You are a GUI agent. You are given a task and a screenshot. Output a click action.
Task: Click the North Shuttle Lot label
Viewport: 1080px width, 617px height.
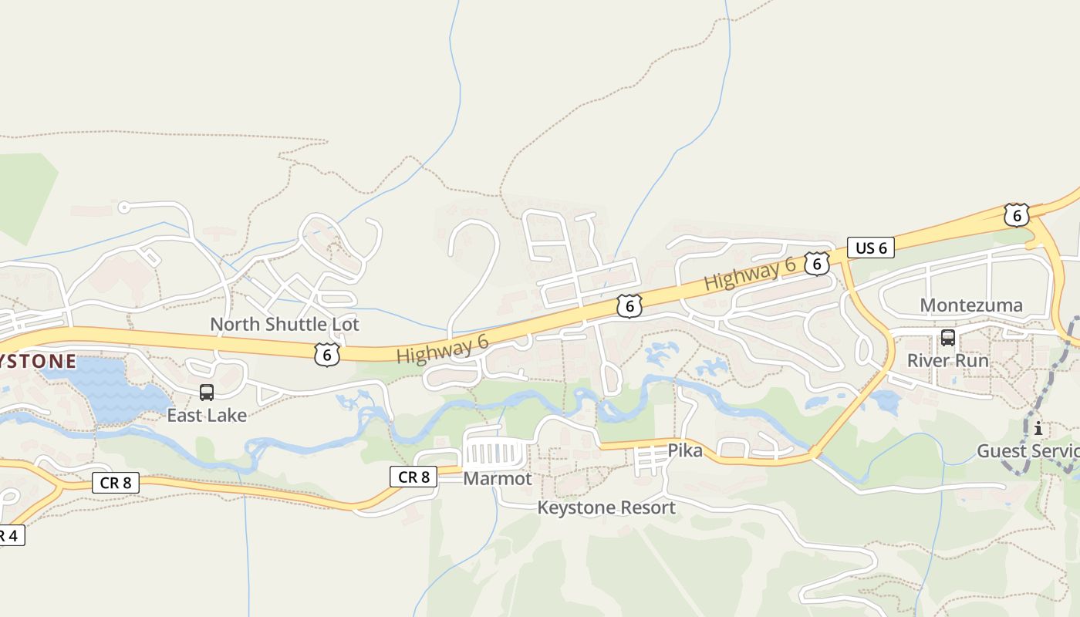pos(285,325)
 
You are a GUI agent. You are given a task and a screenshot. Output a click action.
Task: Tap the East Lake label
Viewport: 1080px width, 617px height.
pos(207,416)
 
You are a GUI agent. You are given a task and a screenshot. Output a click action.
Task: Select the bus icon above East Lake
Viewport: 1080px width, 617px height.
pos(207,393)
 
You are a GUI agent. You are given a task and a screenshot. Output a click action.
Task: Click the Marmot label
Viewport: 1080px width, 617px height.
pos(498,479)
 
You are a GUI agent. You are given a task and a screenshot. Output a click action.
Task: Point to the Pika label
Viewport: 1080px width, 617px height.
pos(685,450)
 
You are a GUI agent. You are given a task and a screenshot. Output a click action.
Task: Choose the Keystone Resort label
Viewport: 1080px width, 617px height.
pos(606,507)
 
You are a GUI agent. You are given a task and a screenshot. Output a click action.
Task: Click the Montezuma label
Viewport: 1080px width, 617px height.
pos(971,305)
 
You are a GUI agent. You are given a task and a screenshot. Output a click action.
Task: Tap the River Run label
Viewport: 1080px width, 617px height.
pos(947,360)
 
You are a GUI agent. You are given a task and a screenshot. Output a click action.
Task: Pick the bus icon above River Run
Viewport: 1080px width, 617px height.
pos(948,338)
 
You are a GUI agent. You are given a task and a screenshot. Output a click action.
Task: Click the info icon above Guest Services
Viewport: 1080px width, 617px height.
pos(1038,428)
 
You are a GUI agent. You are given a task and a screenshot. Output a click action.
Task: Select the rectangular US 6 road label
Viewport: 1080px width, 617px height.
pos(871,248)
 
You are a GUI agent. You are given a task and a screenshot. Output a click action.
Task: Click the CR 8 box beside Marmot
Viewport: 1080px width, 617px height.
pos(413,477)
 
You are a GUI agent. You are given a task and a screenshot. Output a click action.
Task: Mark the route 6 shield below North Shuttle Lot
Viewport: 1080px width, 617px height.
pos(327,354)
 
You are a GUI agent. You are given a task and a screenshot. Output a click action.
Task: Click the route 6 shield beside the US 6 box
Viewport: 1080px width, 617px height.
pos(817,264)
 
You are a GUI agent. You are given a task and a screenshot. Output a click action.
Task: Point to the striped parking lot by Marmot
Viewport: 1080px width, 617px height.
pos(497,452)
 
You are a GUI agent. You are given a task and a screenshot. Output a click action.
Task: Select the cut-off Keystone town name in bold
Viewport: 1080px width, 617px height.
pos(39,361)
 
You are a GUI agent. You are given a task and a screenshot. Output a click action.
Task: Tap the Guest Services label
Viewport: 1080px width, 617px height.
pos(1028,450)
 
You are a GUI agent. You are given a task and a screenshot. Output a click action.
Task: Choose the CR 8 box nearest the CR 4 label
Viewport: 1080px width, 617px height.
pos(116,484)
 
